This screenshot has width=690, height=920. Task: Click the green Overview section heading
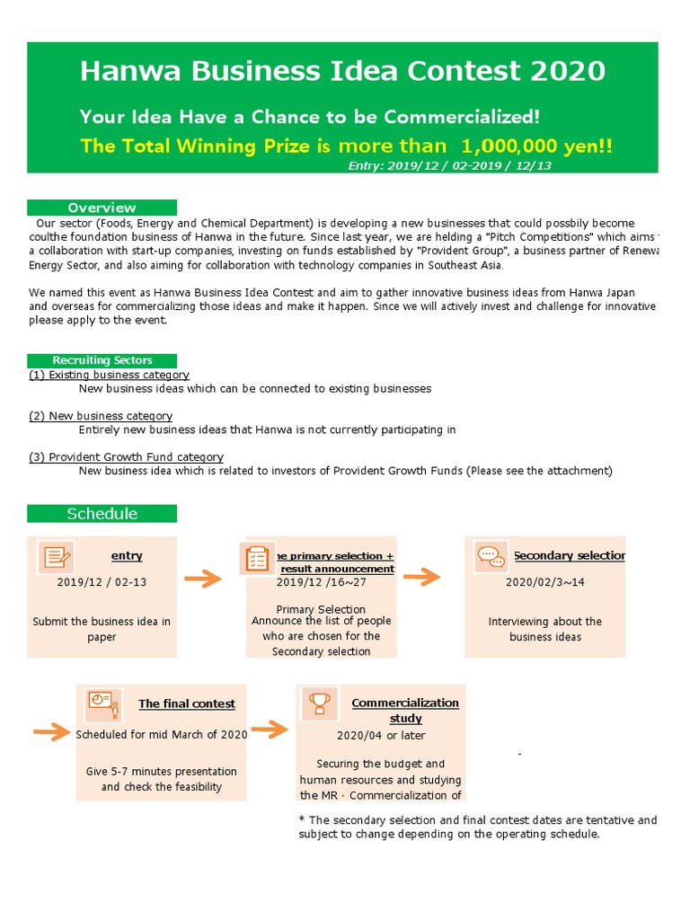(x=102, y=208)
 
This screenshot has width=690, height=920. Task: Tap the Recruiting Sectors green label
(x=102, y=360)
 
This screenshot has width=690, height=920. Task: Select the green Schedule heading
(x=102, y=514)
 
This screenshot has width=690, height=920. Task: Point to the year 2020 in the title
(x=566, y=71)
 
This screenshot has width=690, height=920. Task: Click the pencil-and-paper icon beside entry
(x=57, y=557)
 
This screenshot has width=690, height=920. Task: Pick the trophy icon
(x=320, y=704)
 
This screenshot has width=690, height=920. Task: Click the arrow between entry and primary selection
(x=208, y=579)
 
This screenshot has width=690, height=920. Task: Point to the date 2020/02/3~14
(x=544, y=582)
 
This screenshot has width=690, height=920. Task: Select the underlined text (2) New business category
(x=101, y=416)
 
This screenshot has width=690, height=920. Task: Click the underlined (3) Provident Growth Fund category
(x=126, y=457)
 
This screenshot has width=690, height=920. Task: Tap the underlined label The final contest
(x=187, y=704)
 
